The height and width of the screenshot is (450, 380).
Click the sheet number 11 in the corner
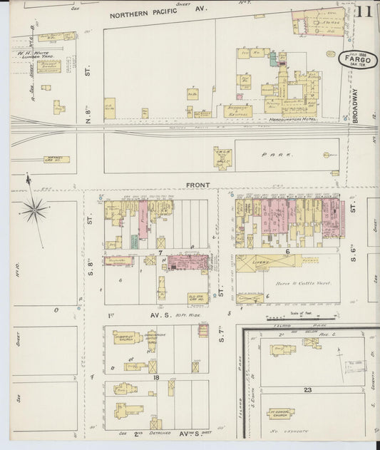click(364, 12)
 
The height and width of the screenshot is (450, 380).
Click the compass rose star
click(35, 209)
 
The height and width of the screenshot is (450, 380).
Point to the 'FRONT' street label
click(198, 185)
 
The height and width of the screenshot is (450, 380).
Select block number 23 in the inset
click(308, 390)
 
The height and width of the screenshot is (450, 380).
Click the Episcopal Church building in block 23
click(282, 413)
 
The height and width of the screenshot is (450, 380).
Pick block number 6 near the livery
click(285, 251)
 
